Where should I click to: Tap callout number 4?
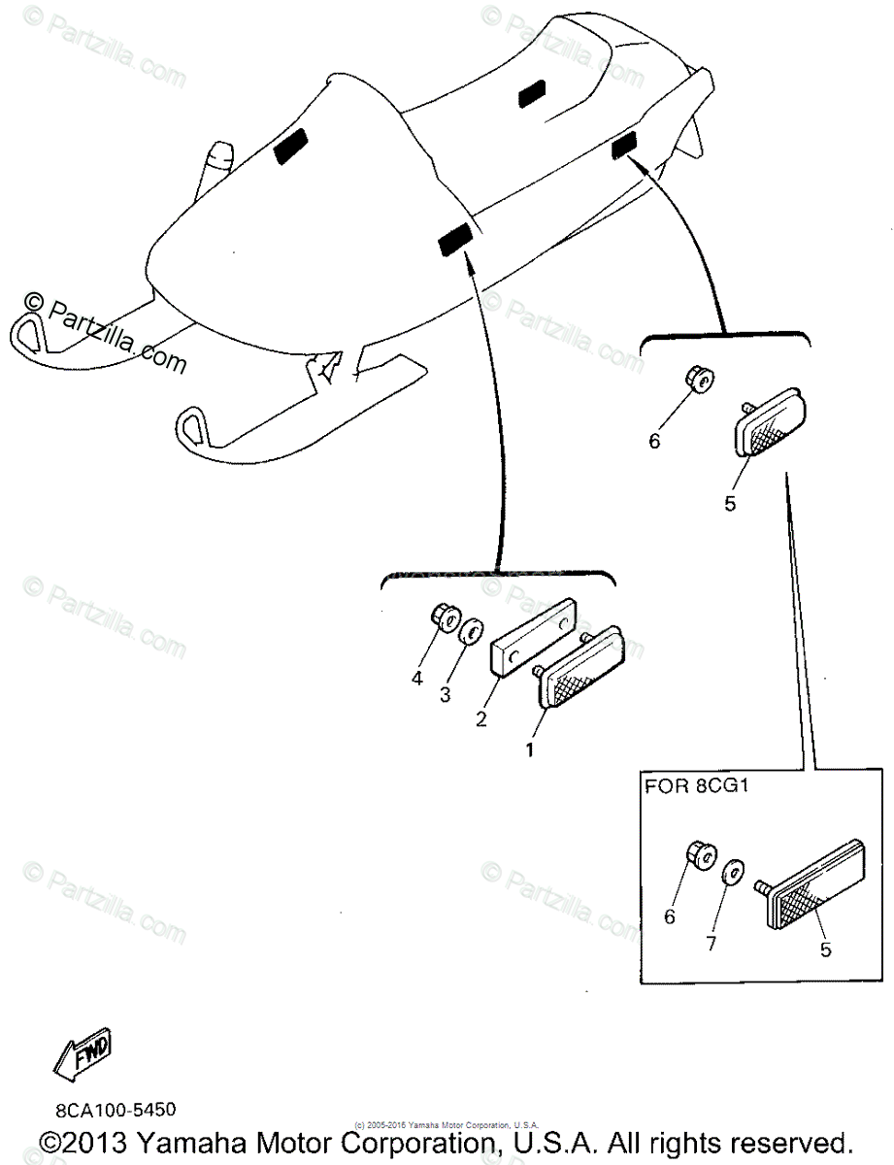coord(416,678)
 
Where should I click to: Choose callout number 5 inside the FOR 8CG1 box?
coord(826,949)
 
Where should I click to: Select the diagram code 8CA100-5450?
coord(116,1108)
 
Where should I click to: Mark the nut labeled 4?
coord(443,616)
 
